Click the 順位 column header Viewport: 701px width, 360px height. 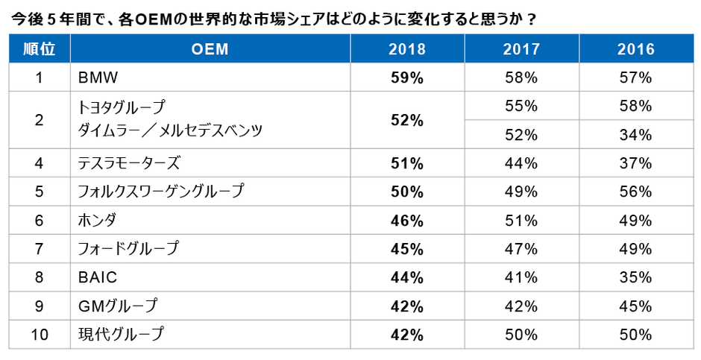[39, 49]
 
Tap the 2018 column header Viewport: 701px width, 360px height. [406, 49]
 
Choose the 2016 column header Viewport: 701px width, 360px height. [635, 49]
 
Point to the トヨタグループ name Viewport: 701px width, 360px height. [122, 107]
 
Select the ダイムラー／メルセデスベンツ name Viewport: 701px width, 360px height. [171, 131]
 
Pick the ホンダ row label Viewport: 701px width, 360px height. [97, 220]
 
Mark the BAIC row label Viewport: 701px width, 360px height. [98, 277]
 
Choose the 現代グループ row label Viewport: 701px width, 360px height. [120, 335]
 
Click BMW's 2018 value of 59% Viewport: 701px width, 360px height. [406, 78]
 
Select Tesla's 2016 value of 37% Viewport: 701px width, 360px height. [635, 163]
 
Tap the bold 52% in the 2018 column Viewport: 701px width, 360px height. [406, 120]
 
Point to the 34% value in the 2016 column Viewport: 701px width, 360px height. [635, 135]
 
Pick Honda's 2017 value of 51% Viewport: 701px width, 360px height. [521, 220]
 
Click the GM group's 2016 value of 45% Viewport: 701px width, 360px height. [635, 306]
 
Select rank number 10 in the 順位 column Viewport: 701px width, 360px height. [39, 335]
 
